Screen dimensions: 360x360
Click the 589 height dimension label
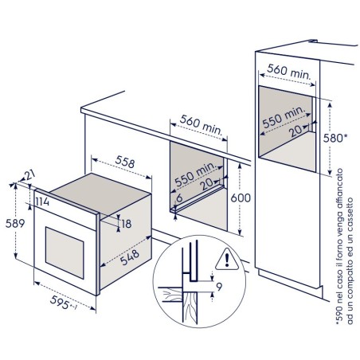tap(15, 224)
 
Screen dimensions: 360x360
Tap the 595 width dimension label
tap(60, 302)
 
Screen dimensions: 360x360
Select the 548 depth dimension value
tap(130, 257)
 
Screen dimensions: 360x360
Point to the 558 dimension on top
tap(125, 162)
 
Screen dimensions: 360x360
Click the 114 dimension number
tap(42, 202)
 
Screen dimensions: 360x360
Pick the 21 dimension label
tap(29, 175)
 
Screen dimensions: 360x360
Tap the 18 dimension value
tap(127, 224)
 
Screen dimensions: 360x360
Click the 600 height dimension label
tap(241, 198)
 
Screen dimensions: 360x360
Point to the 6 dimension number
tap(179, 198)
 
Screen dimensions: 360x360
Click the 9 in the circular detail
tap(219, 287)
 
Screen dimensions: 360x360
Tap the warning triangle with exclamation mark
tap(226, 260)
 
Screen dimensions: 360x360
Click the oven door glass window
tap(65, 252)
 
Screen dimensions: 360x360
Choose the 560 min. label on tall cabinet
tap(289, 72)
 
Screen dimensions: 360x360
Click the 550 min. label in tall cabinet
tap(284, 117)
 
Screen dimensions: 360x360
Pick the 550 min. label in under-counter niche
tap(195, 174)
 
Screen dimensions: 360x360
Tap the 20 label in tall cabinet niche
tap(296, 131)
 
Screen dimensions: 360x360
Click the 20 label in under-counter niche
tap(208, 184)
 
